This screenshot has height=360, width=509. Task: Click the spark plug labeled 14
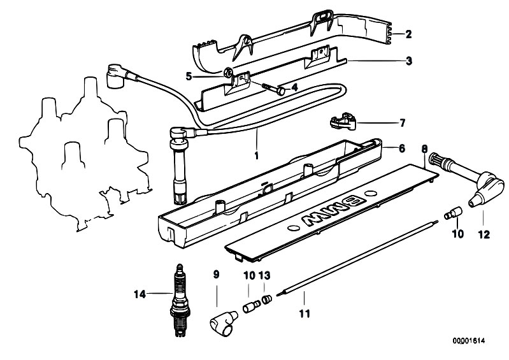click(x=179, y=300)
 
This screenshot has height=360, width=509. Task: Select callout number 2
click(x=408, y=34)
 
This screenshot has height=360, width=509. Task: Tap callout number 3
click(x=409, y=61)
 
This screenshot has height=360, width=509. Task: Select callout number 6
click(x=402, y=148)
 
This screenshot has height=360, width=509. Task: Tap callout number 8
click(x=424, y=149)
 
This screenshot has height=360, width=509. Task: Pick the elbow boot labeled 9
click(x=223, y=323)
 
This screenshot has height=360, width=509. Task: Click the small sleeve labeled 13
click(x=267, y=299)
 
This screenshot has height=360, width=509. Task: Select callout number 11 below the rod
click(x=305, y=314)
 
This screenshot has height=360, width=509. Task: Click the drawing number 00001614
click(x=468, y=340)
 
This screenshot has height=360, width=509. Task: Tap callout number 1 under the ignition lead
click(x=257, y=156)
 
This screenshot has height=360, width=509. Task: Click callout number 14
click(x=140, y=294)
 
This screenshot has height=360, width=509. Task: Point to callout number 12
click(x=484, y=234)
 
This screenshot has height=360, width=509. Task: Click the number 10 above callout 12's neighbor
click(x=458, y=234)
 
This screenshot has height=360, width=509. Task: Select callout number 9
click(x=216, y=275)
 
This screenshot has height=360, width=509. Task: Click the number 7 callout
click(x=402, y=123)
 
